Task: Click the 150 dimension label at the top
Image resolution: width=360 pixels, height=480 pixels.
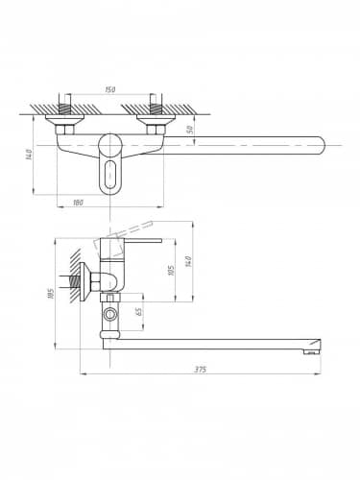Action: (109, 89)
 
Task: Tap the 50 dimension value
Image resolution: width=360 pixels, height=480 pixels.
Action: (190, 130)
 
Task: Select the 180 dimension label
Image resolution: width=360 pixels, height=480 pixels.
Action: (78, 203)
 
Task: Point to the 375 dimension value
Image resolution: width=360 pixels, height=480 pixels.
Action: (201, 370)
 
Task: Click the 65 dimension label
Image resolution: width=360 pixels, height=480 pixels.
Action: (139, 311)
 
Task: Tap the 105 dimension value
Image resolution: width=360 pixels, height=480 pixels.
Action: (171, 271)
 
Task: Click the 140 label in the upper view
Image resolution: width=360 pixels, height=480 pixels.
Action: (30, 155)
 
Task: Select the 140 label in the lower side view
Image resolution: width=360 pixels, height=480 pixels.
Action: (189, 262)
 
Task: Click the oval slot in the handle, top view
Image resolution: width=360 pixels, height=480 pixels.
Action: (109, 175)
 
